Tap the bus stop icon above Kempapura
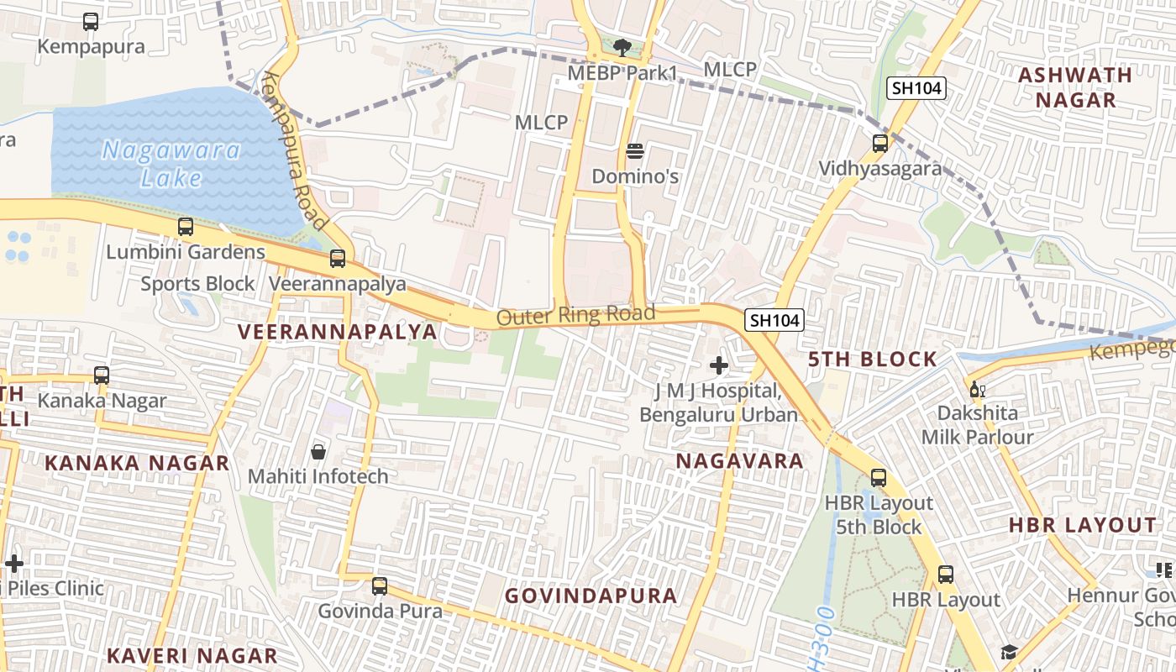click(91, 22)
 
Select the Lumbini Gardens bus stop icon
click(186, 227)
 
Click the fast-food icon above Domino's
click(635, 152)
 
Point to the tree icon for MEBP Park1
click(622, 48)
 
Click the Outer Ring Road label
click(575, 316)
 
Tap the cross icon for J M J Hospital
click(719, 365)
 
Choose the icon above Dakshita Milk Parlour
click(977, 389)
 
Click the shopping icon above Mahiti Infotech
click(318, 453)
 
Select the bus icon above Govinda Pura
click(380, 586)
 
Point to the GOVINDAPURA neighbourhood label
click(591, 596)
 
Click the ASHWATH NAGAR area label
click(1075, 87)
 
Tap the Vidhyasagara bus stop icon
click(880, 144)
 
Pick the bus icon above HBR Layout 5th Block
click(879, 478)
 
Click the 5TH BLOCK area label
click(872, 360)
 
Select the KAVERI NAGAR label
click(192, 655)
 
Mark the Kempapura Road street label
click(294, 151)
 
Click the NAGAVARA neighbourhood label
click(739, 461)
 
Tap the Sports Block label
click(197, 284)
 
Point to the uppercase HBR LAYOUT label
click(1082, 526)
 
